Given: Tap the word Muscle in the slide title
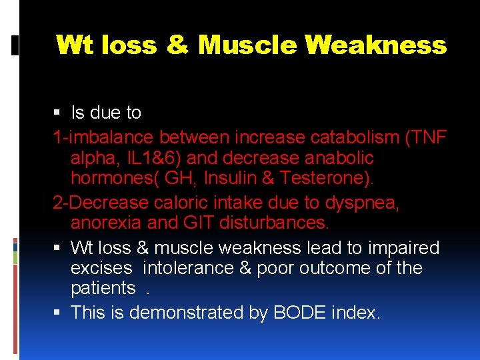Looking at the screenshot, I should (247, 45).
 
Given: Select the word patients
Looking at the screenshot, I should (103, 288).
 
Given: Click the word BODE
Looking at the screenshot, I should (296, 313).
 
